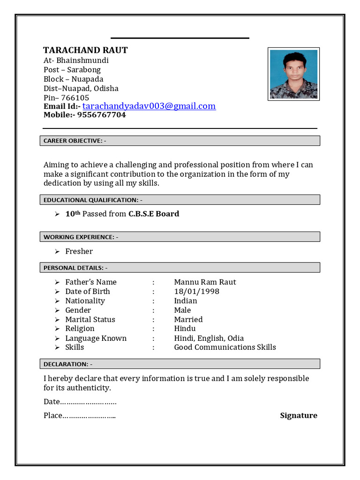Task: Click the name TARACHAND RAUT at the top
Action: (x=85, y=50)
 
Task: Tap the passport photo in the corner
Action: (x=293, y=74)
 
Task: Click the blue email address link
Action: (x=149, y=106)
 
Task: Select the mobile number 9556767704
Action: (x=101, y=115)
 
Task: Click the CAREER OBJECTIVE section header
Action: (x=75, y=141)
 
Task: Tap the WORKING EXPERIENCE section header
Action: (x=81, y=237)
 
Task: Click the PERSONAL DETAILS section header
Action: (x=75, y=268)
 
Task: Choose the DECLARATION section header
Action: (x=68, y=364)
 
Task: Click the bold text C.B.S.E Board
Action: (x=154, y=214)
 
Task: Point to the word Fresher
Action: (x=79, y=251)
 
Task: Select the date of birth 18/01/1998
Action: (x=196, y=291)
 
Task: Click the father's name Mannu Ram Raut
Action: (x=205, y=282)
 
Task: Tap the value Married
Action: (x=188, y=319)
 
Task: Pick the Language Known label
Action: (x=96, y=338)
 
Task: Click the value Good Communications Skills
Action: (x=225, y=347)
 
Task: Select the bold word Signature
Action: (x=299, y=415)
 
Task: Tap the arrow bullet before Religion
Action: (x=57, y=329)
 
